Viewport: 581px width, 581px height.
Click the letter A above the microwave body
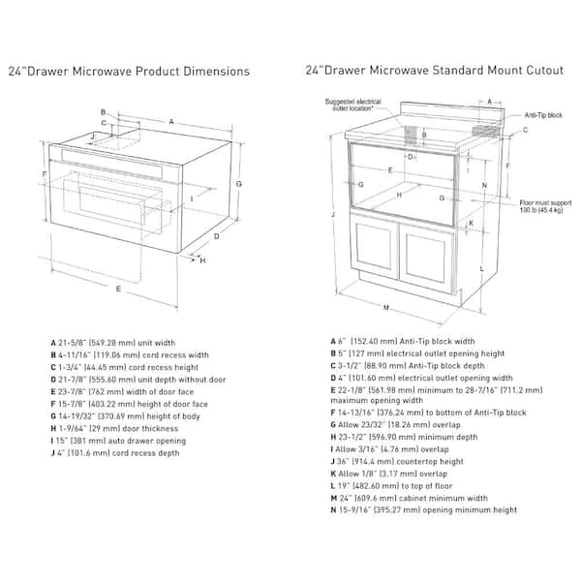[x=171, y=122]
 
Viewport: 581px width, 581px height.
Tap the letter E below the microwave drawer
[x=118, y=289]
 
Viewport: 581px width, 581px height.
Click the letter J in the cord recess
[x=92, y=137]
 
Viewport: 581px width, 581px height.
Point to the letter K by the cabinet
[x=471, y=222]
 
